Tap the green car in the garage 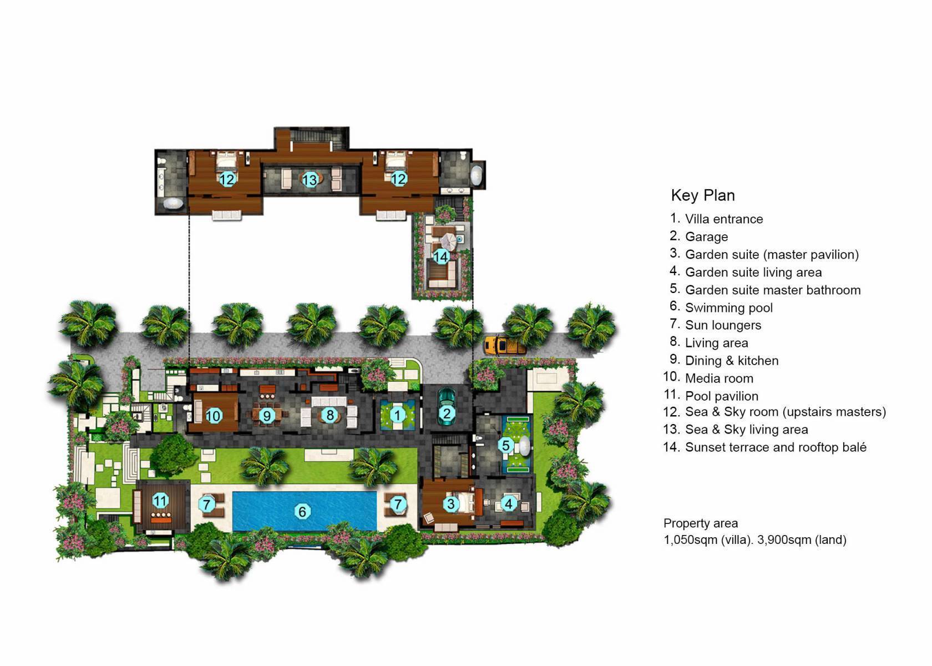pos(446,407)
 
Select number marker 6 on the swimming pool pos(302,511)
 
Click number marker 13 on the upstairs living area pos(310,179)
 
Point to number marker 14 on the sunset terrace pos(440,257)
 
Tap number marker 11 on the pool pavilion pos(160,501)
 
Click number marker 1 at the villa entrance pos(397,415)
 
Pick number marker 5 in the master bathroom pos(505,445)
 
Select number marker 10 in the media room pos(214,416)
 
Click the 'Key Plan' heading pos(702,195)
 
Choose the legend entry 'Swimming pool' pos(728,307)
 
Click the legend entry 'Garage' pos(706,237)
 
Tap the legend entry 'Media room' pos(719,379)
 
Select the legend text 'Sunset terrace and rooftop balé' pos(775,447)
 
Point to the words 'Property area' pos(700,523)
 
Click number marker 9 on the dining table pos(267,416)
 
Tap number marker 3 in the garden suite pos(450,504)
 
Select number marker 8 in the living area pos(330,415)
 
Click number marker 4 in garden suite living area pos(508,504)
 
